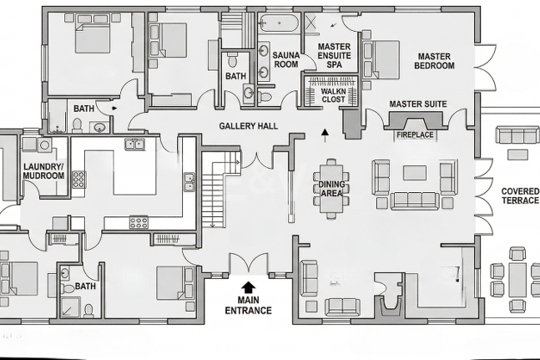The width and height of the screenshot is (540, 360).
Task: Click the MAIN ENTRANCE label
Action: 249,305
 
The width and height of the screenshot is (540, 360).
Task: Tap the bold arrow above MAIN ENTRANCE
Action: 248,287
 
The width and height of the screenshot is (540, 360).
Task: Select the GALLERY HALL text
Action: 249,126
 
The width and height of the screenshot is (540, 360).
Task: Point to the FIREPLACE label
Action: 415,134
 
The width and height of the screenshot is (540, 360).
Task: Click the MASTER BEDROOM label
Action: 434,61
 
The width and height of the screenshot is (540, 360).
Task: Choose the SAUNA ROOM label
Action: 285,59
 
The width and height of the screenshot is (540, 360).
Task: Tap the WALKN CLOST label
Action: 333,95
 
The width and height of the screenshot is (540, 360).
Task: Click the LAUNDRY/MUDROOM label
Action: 43,171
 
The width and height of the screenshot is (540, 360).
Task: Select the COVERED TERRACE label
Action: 520,195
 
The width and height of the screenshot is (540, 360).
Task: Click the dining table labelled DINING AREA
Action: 331,189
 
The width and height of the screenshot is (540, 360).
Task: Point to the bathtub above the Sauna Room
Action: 278,23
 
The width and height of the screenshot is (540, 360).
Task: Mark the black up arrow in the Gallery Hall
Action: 324,135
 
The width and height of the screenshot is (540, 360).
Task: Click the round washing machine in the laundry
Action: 44,145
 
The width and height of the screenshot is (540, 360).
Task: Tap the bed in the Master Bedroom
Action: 381,59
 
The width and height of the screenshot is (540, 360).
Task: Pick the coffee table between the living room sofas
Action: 415,173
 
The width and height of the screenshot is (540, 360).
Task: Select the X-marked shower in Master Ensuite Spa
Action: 311,23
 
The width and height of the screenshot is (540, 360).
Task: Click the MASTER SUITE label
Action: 418,104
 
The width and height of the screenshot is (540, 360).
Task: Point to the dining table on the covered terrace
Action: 518,280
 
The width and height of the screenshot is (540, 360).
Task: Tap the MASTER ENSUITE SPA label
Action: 334,55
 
